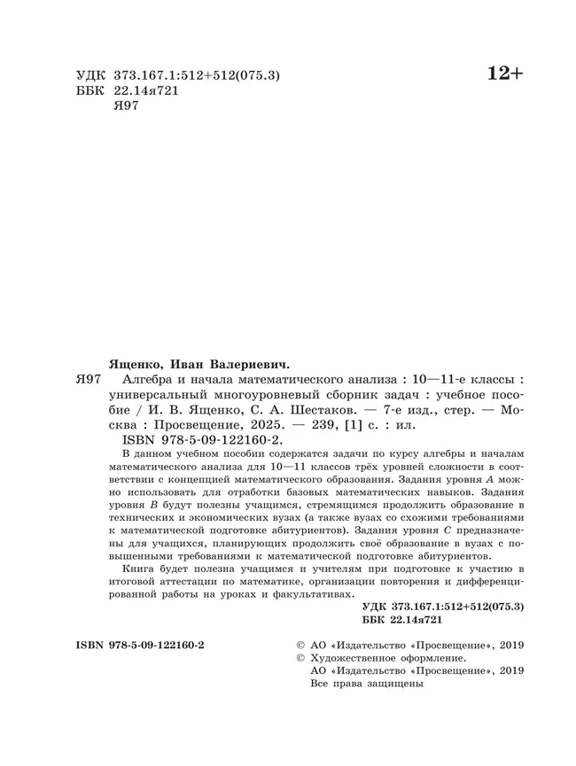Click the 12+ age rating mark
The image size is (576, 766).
coord(506,75)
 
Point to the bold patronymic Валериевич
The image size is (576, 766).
coord(257,363)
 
